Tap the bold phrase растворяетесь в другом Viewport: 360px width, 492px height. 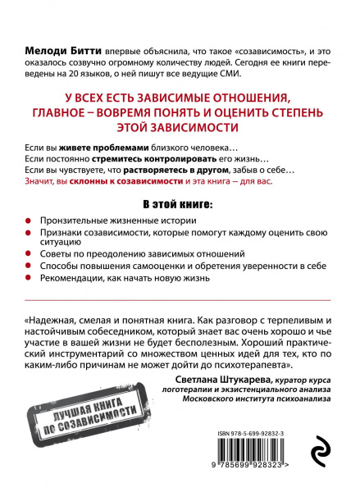(185, 168)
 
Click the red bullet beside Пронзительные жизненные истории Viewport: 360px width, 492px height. (30, 222)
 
